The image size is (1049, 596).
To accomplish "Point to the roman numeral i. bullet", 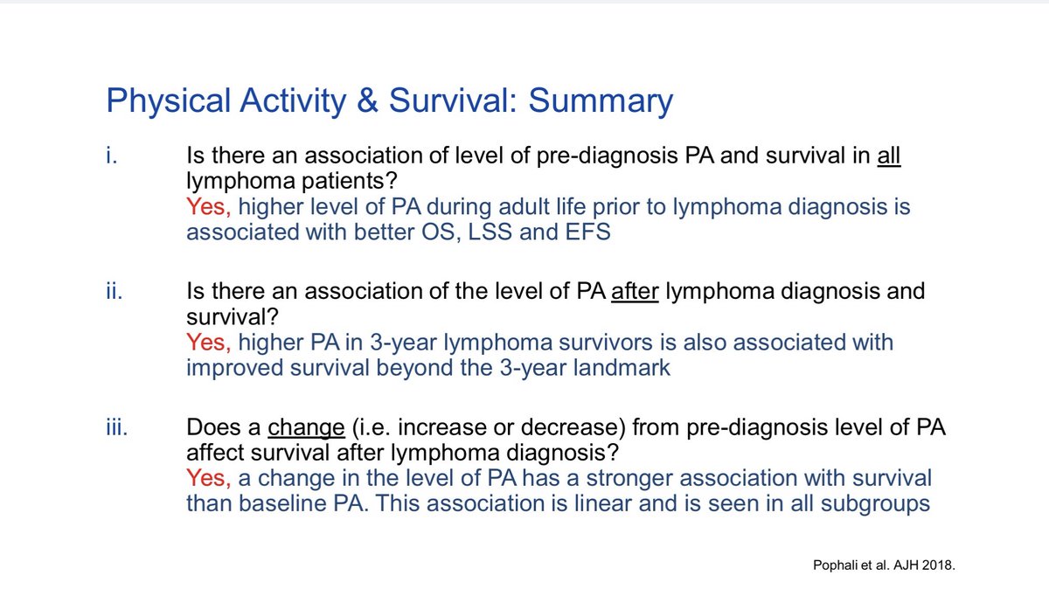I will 111,157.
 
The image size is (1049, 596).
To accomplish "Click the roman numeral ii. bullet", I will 115,290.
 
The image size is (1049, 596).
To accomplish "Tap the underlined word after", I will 633,290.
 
